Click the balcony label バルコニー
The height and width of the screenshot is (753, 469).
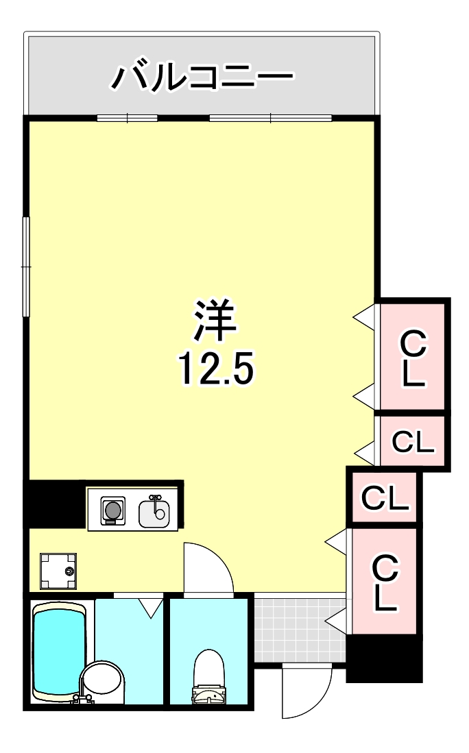(x=202, y=77)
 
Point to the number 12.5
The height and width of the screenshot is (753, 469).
(x=215, y=370)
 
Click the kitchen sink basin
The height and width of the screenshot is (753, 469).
(x=154, y=511)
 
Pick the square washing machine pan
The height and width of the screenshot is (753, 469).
(x=58, y=571)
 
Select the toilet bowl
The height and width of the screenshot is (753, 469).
(x=209, y=675)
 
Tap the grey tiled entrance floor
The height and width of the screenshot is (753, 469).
(x=299, y=629)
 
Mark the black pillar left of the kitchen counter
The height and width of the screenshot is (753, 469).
(x=56, y=504)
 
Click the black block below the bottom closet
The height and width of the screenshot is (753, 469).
(x=383, y=658)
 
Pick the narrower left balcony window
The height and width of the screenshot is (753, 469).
(x=127, y=118)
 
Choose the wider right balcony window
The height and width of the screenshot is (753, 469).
(x=270, y=118)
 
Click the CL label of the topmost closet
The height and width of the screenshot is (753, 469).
(x=413, y=358)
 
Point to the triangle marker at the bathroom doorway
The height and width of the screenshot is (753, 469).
(x=150, y=606)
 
